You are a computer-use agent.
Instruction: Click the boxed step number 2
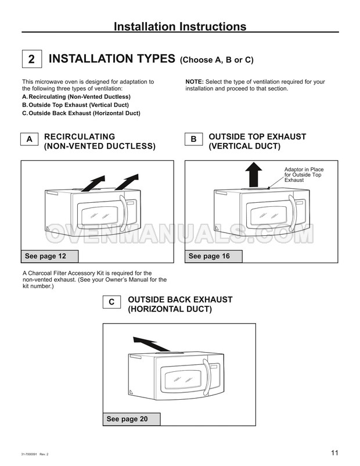(32, 59)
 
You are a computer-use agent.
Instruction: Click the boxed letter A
(29, 139)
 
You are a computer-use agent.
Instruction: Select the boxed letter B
(194, 139)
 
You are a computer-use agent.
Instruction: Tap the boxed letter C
(111, 302)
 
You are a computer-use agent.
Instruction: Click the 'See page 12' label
(49, 256)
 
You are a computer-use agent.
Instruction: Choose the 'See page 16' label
(214, 256)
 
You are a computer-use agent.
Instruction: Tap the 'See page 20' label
(132, 419)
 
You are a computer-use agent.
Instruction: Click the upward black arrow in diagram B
(253, 175)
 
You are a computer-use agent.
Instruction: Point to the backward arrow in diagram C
(152, 345)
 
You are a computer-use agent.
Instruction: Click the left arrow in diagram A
(93, 184)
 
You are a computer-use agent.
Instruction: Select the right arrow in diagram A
(127, 182)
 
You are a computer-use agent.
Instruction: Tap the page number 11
(335, 453)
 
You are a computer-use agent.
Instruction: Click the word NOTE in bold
(195, 82)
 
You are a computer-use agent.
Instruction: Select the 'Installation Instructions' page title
(180, 27)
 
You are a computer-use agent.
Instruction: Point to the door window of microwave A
(99, 216)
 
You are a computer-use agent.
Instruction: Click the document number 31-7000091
(30, 454)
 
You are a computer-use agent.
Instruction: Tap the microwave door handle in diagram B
(293, 213)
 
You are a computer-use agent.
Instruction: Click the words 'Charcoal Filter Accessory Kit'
(62, 273)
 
